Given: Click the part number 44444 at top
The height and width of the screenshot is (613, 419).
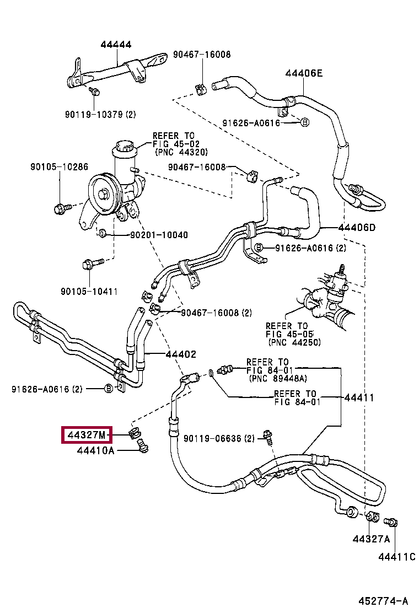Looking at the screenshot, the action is pyautogui.click(x=116, y=44).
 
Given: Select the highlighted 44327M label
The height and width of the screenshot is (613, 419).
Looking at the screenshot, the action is pyautogui.click(x=87, y=435).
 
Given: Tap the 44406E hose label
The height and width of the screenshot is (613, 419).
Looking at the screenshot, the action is pyautogui.click(x=304, y=73).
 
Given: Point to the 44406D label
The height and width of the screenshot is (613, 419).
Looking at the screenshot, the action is pyautogui.click(x=357, y=227).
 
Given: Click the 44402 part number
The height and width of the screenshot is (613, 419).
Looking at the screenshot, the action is pyautogui.click(x=181, y=354).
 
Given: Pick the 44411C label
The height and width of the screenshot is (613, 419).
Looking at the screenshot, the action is pyautogui.click(x=397, y=557).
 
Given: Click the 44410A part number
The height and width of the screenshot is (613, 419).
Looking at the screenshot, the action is pyautogui.click(x=96, y=450).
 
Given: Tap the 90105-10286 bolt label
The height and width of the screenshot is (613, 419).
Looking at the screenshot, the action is pyautogui.click(x=60, y=166).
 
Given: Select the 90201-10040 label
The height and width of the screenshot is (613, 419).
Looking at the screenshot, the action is pyautogui.click(x=159, y=235).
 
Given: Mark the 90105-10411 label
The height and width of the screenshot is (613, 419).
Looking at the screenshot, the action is pyautogui.click(x=89, y=291).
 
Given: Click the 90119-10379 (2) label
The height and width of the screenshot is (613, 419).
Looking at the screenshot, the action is pyautogui.click(x=100, y=114).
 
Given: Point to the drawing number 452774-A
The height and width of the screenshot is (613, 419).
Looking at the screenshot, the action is pyautogui.click(x=383, y=601).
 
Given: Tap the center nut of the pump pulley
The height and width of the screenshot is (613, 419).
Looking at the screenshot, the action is pyautogui.click(x=104, y=194).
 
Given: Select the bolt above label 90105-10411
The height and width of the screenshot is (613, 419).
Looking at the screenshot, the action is pyautogui.click(x=93, y=264).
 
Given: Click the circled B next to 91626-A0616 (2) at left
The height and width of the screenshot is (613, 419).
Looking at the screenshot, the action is pyautogui.click(x=109, y=389).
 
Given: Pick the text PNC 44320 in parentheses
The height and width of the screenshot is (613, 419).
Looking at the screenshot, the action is pyautogui.click(x=181, y=152).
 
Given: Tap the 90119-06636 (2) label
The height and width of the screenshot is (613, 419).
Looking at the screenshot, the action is pyautogui.click(x=219, y=439).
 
